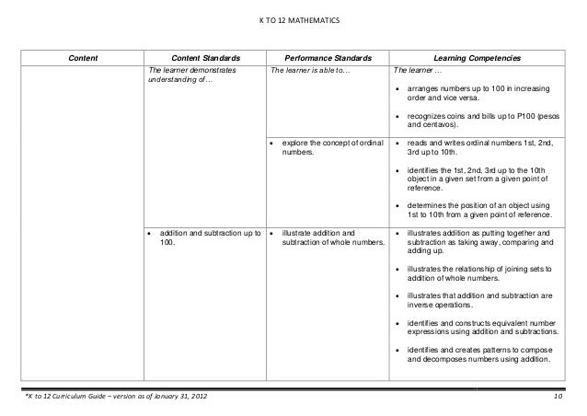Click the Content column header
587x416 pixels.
(84, 59)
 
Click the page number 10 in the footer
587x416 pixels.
(558, 397)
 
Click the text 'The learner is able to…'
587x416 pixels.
(310, 71)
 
